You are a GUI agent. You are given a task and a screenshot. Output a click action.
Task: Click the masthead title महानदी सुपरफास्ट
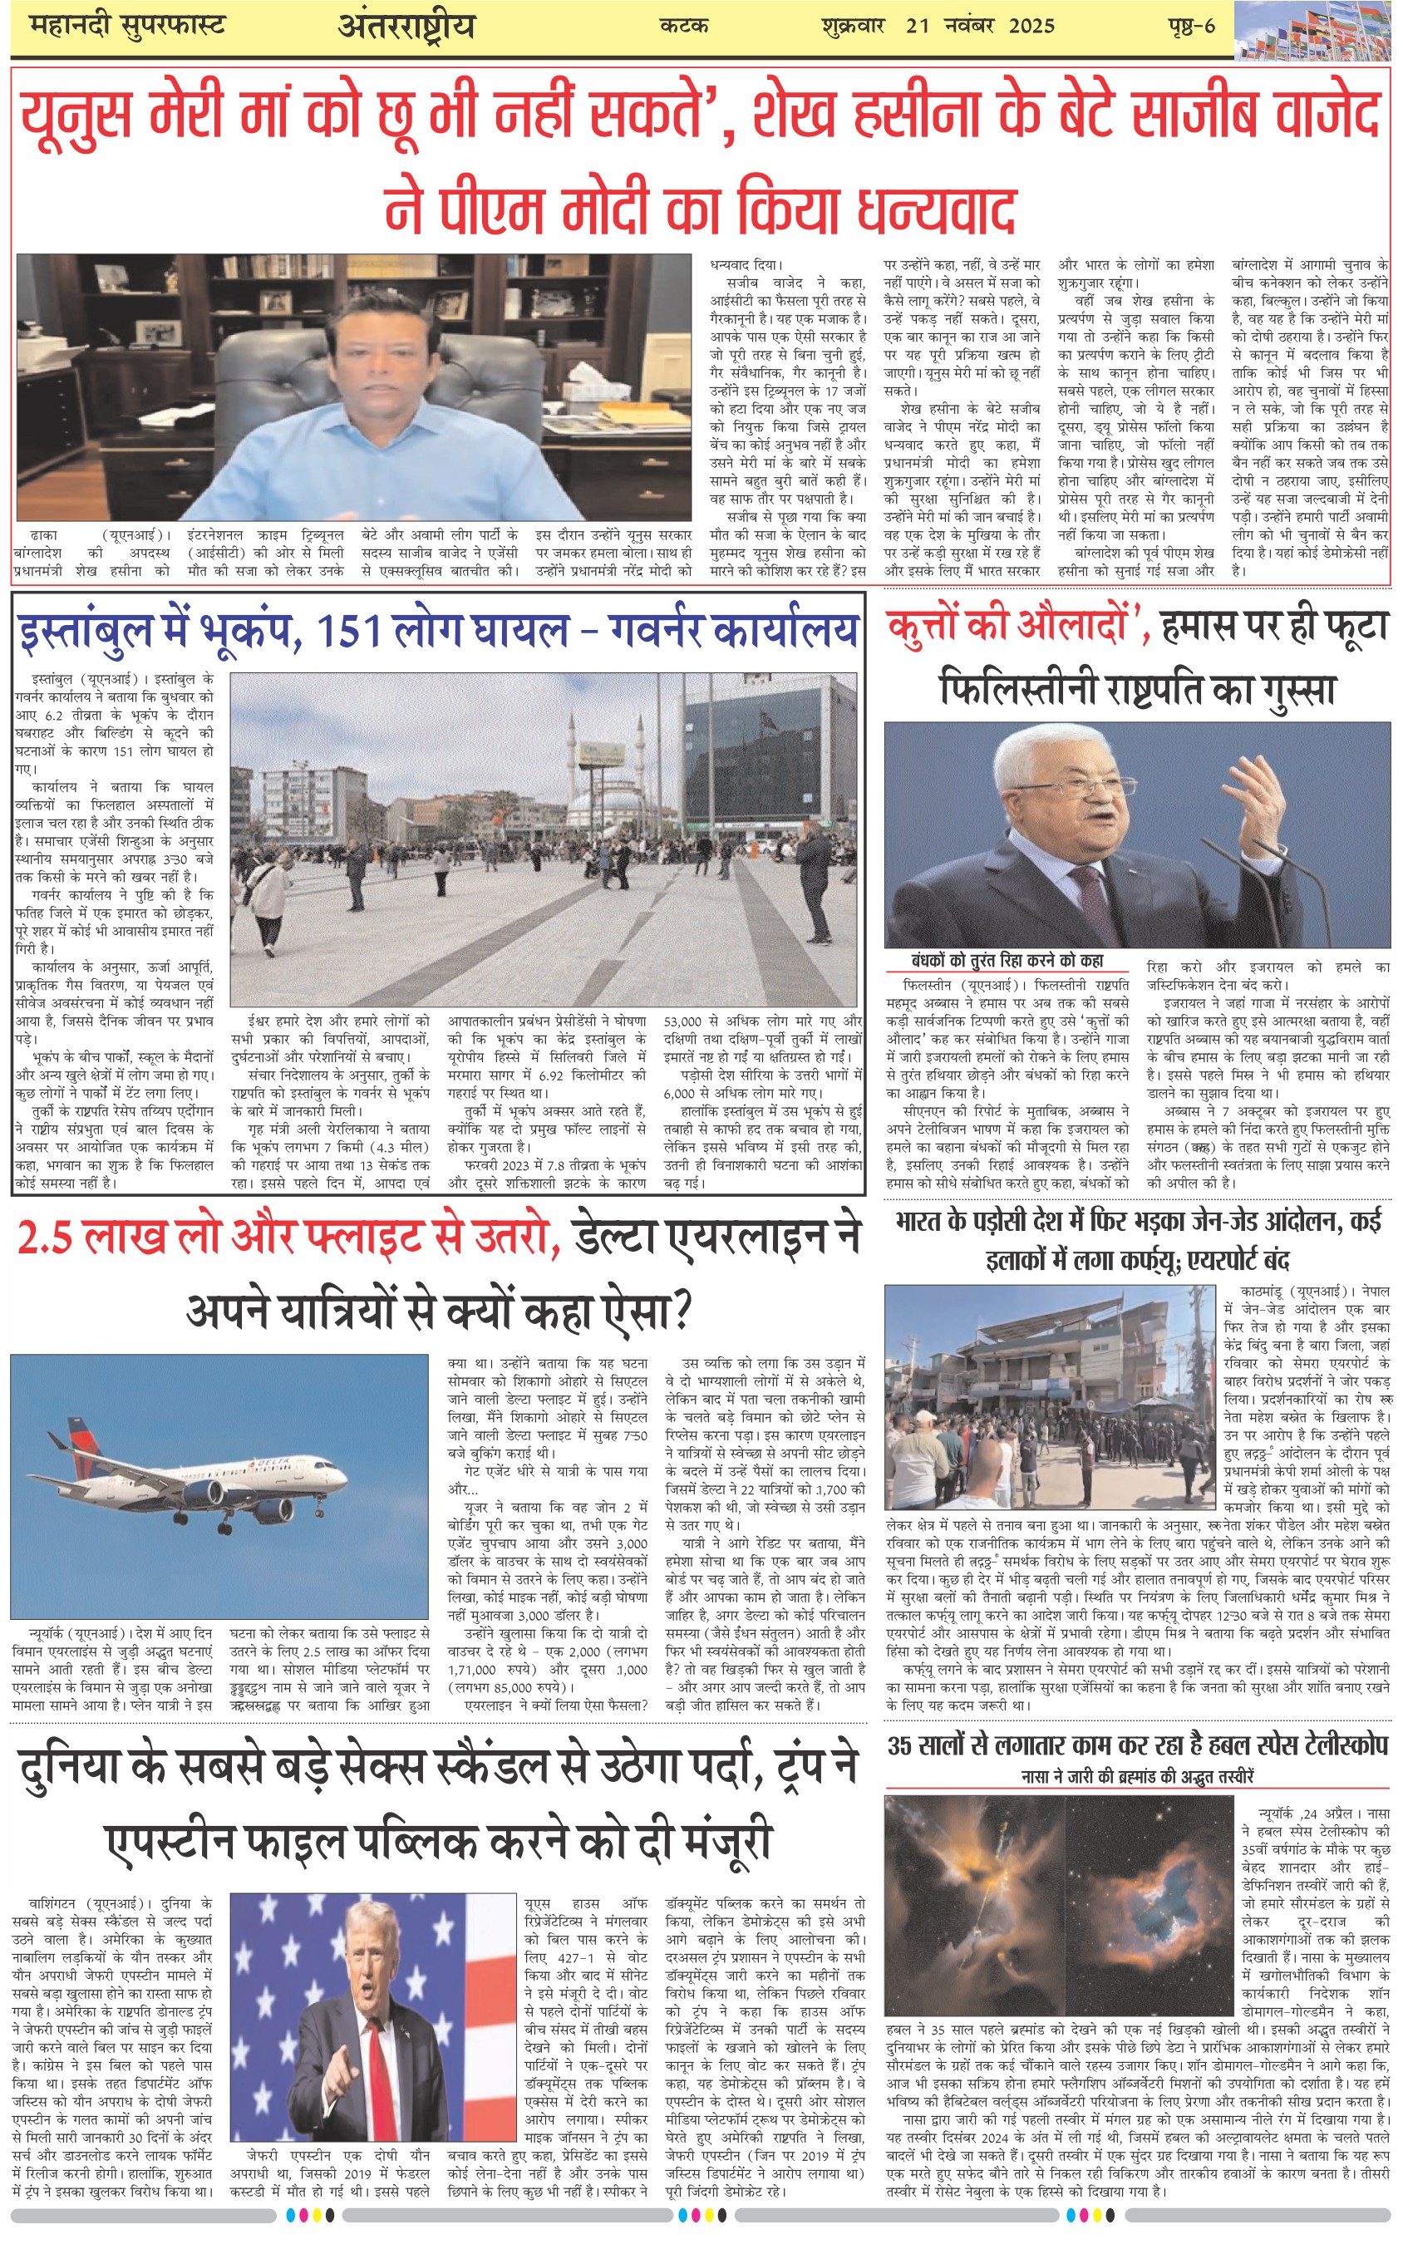[128, 25]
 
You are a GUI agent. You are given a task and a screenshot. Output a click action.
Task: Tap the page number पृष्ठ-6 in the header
[1190, 25]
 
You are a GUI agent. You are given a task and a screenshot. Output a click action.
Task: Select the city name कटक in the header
[684, 26]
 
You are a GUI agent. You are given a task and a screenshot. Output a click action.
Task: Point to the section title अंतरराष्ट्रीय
[406, 26]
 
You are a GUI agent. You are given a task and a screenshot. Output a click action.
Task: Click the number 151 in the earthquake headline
[349, 632]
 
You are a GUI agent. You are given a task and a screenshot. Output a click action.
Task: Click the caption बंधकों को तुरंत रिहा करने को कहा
[1007, 961]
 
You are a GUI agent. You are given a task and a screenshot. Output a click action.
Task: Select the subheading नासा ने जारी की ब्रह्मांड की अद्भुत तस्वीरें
[1137, 1777]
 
